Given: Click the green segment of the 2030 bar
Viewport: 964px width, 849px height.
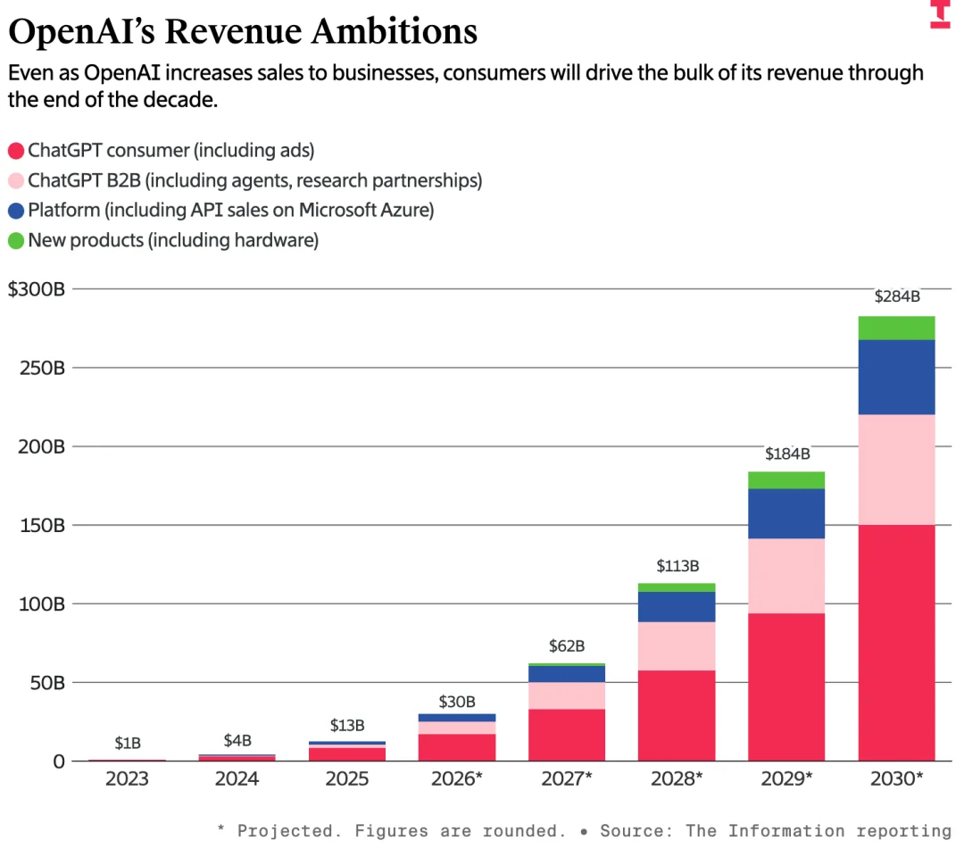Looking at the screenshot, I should [x=896, y=328].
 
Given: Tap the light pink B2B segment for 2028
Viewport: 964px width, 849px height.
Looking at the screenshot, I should [x=677, y=645].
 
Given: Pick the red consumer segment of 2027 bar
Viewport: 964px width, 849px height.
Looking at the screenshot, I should [x=567, y=735].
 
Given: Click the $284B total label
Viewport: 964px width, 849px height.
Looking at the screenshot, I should [x=896, y=297].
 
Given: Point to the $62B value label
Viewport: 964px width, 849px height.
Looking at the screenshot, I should [x=567, y=645].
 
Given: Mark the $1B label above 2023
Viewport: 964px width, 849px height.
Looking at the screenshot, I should [x=128, y=743].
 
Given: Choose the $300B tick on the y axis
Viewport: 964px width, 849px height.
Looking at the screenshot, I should [x=37, y=289].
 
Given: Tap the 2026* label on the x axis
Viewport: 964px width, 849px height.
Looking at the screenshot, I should [x=457, y=778].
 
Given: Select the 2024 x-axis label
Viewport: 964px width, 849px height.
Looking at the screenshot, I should [x=237, y=778].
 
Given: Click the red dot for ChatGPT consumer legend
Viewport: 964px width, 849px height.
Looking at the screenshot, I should [x=15, y=150].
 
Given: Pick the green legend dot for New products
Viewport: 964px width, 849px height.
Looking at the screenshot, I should [x=15, y=240].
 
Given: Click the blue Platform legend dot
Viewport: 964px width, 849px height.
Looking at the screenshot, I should [x=15, y=211].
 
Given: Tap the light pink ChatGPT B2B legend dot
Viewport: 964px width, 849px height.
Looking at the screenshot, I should [x=15, y=180].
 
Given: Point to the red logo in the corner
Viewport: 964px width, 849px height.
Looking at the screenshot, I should [x=940, y=14].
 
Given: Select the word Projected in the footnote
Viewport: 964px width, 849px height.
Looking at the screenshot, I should [x=286, y=831].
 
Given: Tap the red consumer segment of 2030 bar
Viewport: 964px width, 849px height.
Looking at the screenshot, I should [x=896, y=643].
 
